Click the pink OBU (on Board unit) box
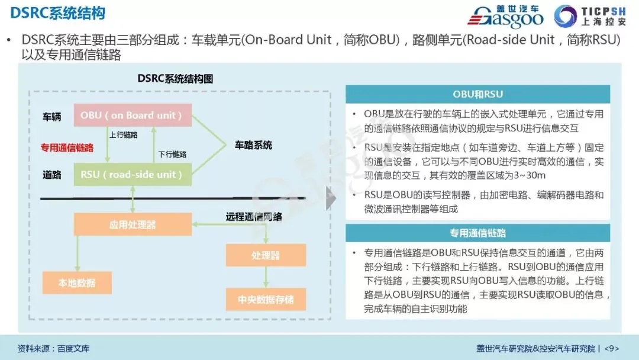coord(132,115)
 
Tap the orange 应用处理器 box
coord(133,224)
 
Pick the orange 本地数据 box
coord(77,282)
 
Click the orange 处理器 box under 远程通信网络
coord(265,255)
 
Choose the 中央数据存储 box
coord(265,299)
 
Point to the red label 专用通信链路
coord(66,147)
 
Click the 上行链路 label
coord(124,135)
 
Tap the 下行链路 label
coord(172,154)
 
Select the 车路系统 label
coord(253,145)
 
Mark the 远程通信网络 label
coord(253,217)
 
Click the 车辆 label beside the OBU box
coord(51,117)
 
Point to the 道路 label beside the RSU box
coord(51,175)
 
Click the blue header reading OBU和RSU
coord(477,94)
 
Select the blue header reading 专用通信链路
coord(477,233)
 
